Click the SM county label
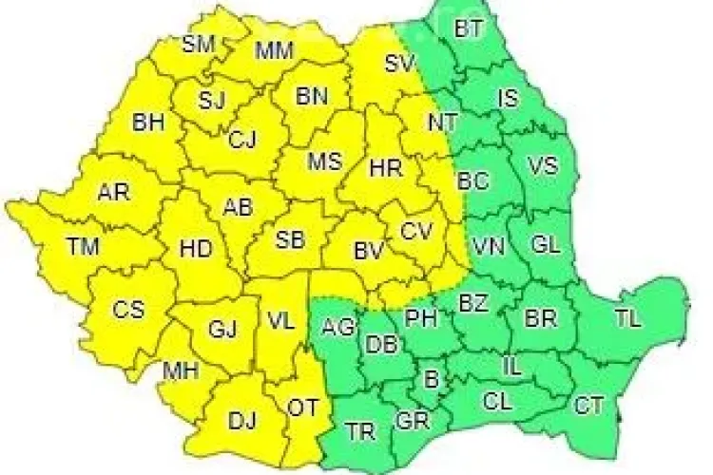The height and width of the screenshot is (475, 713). coord(199,44)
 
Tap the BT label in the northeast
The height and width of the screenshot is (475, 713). coord(469,29)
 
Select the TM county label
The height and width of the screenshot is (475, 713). coord(84,247)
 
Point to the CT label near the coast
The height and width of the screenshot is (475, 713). coord(588,406)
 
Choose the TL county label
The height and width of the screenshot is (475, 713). coord(627,319)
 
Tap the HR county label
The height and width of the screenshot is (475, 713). coord(385,168)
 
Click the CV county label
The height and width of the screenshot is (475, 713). coord(415,231)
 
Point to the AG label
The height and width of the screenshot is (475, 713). coord(338,328)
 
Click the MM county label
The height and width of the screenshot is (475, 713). coord(275,49)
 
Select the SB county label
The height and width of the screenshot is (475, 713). coord(290,239)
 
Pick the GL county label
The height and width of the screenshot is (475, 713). coord(546,245)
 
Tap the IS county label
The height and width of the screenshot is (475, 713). coord(508,97)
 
